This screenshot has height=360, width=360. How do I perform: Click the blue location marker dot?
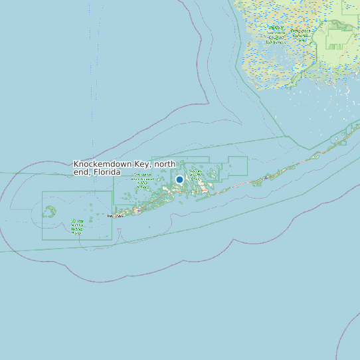point(179,179)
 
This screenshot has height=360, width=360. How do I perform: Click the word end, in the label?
point(82,172)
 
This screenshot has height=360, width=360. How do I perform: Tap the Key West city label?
point(116,216)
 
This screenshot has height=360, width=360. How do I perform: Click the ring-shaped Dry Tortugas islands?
point(49,212)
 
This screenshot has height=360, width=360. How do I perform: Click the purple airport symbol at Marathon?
point(265,177)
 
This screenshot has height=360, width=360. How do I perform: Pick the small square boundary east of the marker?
point(237,166)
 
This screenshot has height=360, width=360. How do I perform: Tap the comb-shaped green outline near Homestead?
point(337,46)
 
